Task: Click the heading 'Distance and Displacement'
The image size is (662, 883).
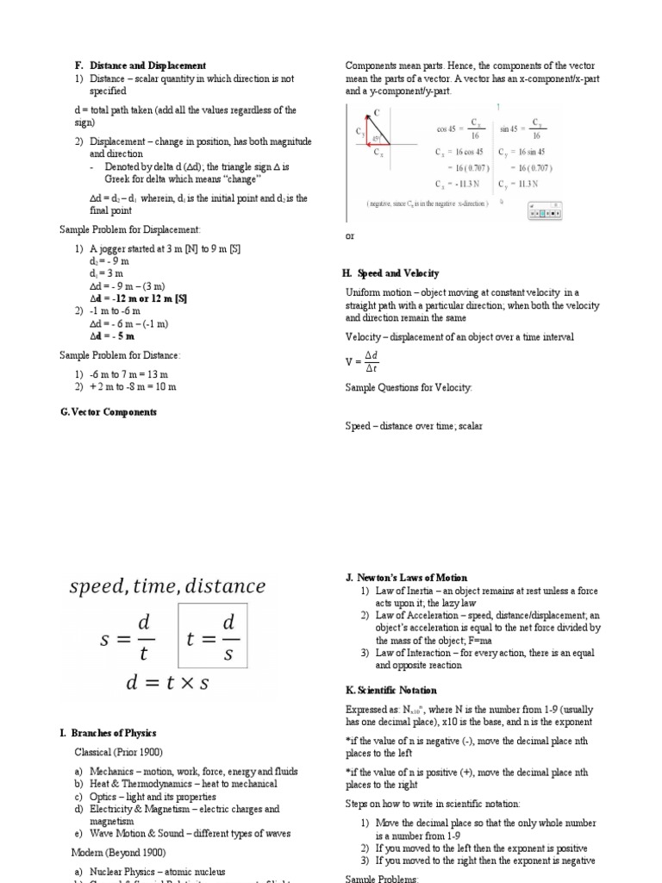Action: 147,66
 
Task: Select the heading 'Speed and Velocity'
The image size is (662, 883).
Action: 396,273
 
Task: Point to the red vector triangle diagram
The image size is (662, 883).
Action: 374,135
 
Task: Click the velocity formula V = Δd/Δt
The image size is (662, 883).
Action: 363,362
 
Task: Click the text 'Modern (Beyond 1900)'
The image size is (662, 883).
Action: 120,852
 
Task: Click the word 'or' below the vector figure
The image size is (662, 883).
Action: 349,235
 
